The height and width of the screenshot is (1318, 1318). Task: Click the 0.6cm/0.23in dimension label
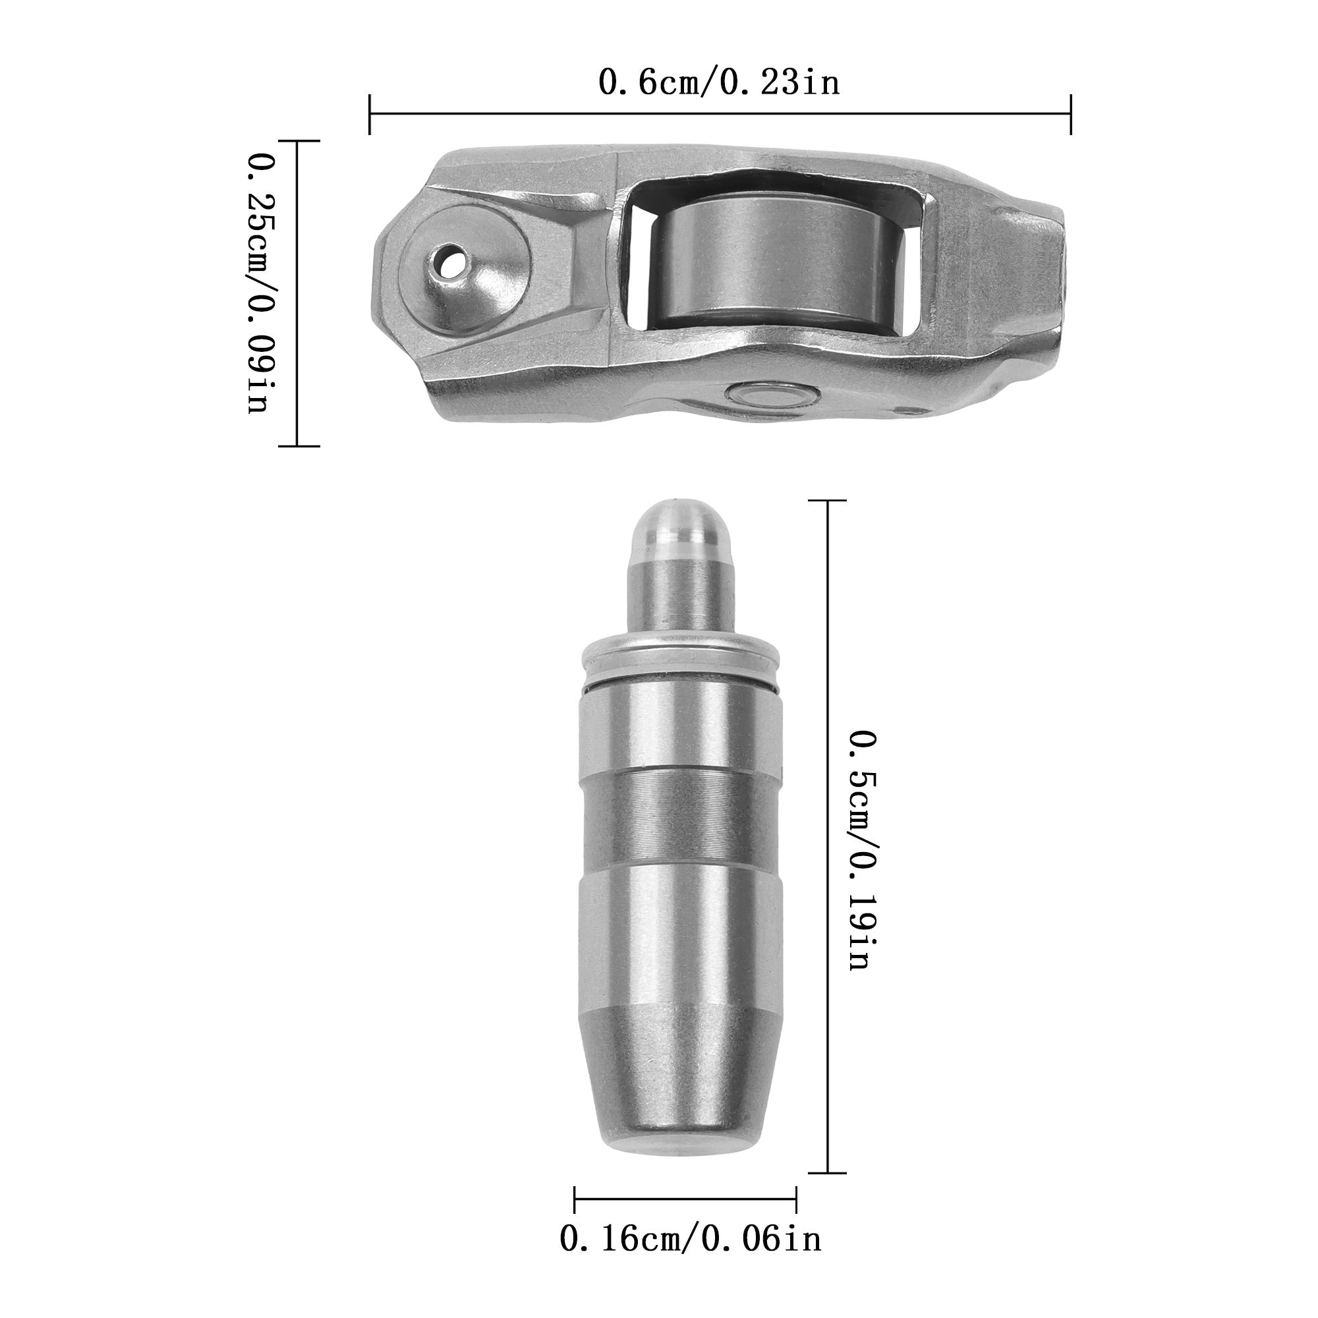coord(719,82)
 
